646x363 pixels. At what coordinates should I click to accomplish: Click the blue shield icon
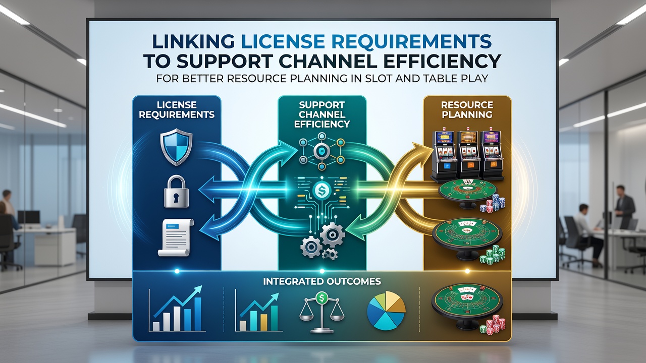(x=177, y=147)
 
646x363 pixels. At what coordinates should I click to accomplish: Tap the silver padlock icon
(x=176, y=192)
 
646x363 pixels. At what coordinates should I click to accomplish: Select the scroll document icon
(x=176, y=237)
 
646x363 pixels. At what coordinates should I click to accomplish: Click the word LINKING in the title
(x=193, y=41)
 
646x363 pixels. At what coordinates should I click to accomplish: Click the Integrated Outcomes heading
(x=322, y=281)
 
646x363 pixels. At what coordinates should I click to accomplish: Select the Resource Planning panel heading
(x=467, y=109)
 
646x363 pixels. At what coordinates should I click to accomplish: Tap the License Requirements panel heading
(x=177, y=109)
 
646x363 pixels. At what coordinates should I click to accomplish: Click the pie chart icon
(x=386, y=310)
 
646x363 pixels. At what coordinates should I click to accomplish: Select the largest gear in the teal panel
(x=332, y=235)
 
